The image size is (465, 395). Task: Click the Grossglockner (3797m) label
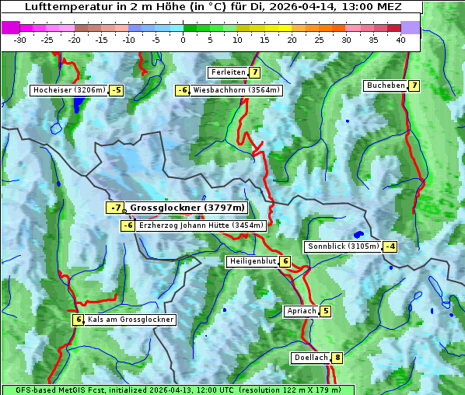187,208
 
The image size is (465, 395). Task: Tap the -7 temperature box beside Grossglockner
115,208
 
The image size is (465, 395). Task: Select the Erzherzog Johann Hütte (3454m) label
201,225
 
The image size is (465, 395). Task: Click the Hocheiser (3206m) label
68,90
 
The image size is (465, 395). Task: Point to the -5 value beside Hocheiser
116,90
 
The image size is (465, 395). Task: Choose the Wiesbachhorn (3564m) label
236,90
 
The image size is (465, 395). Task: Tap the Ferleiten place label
228,72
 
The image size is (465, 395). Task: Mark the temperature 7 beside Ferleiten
255,72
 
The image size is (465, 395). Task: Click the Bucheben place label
386,85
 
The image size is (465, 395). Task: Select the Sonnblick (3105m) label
343,246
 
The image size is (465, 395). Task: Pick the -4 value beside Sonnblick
390,246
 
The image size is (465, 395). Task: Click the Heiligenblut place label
252,261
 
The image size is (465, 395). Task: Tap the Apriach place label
302,311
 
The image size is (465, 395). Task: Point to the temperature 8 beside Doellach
337,358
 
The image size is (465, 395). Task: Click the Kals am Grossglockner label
131,320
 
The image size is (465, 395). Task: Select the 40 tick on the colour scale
400,40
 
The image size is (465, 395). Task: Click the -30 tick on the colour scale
20,40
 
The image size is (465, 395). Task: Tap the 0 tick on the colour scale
184,40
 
